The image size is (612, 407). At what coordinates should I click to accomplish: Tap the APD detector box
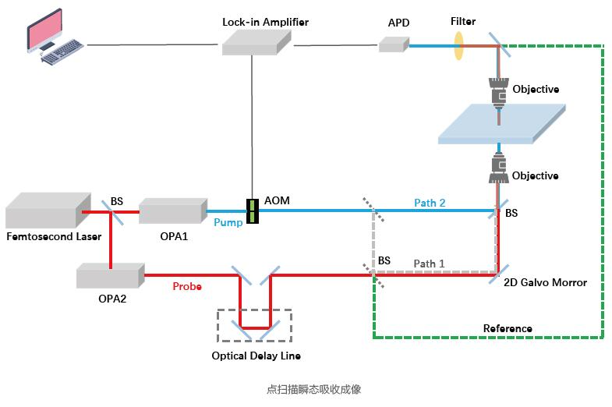coord(394,44)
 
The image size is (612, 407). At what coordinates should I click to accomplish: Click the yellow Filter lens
coord(458,45)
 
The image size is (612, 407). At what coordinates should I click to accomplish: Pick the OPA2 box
coord(110,275)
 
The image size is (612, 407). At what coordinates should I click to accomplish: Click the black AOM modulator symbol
coord(252,211)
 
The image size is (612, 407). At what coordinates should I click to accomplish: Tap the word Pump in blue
coord(228,223)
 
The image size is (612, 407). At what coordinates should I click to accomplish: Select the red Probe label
coord(187,287)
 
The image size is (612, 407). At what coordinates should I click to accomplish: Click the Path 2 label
coord(430,203)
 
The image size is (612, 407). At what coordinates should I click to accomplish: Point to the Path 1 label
coord(429,264)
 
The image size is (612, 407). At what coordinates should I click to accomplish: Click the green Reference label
coord(508,329)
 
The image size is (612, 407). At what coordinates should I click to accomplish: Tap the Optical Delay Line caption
coord(256,356)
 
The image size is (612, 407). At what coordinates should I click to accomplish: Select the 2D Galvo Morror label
coord(546,283)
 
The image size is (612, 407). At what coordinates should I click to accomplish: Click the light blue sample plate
coord(500,125)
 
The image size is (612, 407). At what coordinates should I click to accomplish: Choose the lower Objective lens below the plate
coord(497,168)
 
